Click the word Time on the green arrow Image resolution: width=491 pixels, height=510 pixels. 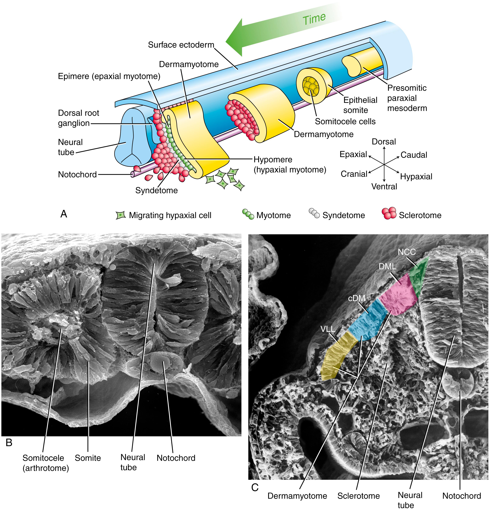tap(314, 19)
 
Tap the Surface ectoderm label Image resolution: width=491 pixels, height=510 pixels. tap(181, 45)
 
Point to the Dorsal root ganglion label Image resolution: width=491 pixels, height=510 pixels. tap(78, 118)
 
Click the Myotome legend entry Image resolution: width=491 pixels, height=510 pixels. tap(273, 215)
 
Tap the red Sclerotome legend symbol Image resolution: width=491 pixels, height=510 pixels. tap(389, 213)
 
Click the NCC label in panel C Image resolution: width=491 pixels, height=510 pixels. tap(407, 252)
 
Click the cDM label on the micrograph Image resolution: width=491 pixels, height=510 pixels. tap(357, 298)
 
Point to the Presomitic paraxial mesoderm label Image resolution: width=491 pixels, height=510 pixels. tap(407, 98)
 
